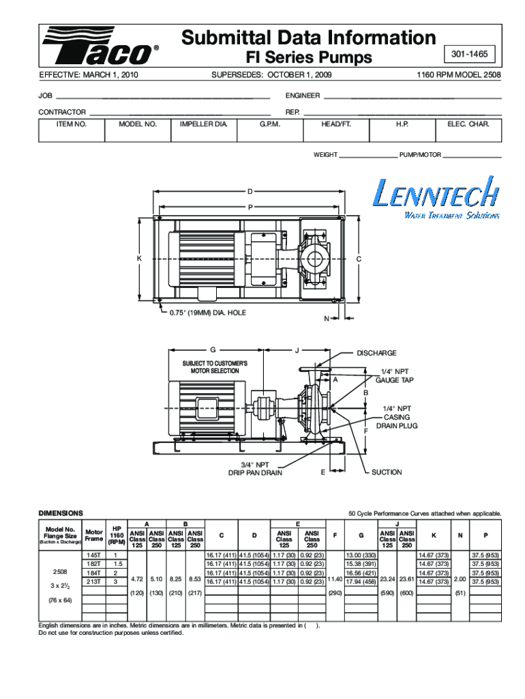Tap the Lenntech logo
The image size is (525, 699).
pos(434,197)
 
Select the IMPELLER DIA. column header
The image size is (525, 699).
pos(202,125)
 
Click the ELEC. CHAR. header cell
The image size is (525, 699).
pos(468,125)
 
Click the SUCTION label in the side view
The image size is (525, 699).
pos(387,472)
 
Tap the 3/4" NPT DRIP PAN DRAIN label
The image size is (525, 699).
pos(255,468)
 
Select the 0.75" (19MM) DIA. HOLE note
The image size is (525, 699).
pos(207,313)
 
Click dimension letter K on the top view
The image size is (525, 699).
pos(138,259)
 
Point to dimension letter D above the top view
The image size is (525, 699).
pos(250,191)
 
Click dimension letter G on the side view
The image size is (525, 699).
pos(213,350)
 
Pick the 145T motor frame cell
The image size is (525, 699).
pos(93,556)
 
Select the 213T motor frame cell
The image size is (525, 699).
pos(93,582)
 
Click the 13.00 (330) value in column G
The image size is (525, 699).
pos(361,556)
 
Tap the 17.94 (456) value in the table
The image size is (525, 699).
pos(361,582)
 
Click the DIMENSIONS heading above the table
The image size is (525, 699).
pos(61,513)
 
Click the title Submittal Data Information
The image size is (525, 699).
pos(308,38)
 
